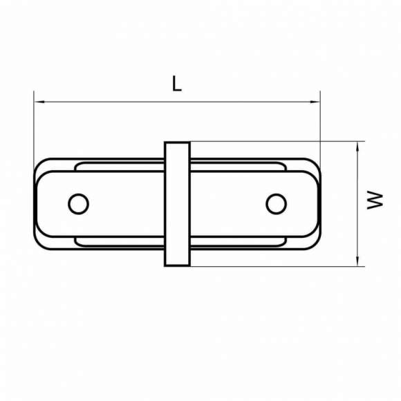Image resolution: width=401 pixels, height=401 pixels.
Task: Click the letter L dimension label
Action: [x=177, y=84]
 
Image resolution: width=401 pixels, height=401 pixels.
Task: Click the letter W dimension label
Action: [x=375, y=200]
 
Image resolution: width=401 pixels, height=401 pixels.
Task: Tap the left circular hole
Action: [x=79, y=203]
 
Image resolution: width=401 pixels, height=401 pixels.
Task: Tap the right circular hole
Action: [x=276, y=203]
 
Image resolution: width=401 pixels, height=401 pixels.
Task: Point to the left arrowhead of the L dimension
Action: [x=38, y=102]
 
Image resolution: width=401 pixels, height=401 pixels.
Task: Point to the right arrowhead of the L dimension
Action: [x=317, y=102]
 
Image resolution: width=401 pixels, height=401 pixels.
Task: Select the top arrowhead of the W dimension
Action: [x=358, y=146]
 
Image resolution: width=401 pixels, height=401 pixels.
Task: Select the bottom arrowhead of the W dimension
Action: [x=358, y=261]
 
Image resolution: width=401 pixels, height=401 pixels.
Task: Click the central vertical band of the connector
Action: [x=177, y=204]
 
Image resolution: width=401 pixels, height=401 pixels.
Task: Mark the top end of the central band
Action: [x=177, y=143]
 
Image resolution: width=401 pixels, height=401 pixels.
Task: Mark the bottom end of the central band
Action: [x=177, y=265]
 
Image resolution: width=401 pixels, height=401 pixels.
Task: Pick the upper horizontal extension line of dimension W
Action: [x=277, y=142]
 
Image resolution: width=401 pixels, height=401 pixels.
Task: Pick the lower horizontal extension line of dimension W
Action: [x=277, y=265]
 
